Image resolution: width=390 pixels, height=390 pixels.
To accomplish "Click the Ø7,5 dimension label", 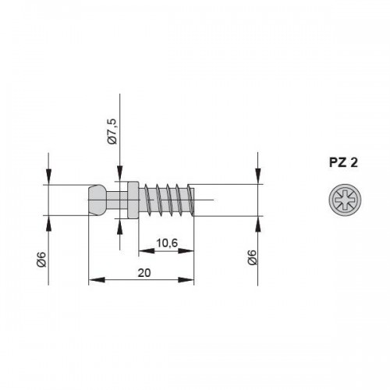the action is click(x=113, y=132).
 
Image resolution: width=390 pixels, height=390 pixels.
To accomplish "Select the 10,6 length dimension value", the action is click(x=167, y=243).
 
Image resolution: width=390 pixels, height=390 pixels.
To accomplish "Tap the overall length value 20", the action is click(x=144, y=273).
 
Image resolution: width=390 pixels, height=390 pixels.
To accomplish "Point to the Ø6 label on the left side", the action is click(x=42, y=259).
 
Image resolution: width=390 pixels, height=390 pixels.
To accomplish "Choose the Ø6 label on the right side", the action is click(x=252, y=257).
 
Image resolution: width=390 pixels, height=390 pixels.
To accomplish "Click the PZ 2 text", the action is click(x=343, y=163).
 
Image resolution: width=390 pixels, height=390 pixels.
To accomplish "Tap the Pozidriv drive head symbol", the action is click(x=345, y=200).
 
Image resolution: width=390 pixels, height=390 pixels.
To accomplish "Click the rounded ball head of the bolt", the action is click(x=97, y=200).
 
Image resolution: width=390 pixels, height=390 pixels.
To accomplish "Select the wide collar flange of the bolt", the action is click(x=133, y=200).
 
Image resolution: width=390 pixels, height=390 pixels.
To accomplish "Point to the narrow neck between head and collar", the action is click(x=116, y=200).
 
